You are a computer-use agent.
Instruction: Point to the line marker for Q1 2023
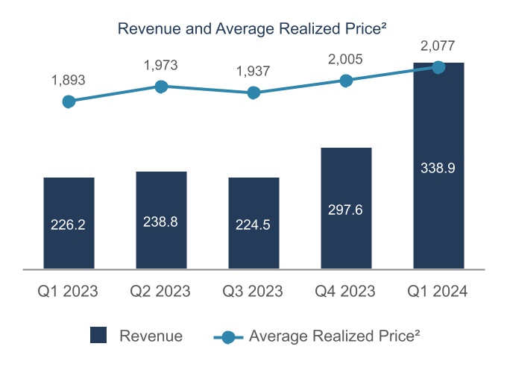click(x=69, y=101)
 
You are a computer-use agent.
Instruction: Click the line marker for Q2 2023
click(x=161, y=87)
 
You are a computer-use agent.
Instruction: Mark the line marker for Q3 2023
click(x=253, y=93)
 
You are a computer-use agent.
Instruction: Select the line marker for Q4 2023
click(x=346, y=81)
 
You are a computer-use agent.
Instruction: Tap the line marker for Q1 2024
click(x=438, y=67)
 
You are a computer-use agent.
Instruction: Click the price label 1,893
click(x=69, y=78)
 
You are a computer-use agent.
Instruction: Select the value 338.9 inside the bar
click(x=438, y=169)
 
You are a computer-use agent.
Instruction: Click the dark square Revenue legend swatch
click(x=98, y=336)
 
